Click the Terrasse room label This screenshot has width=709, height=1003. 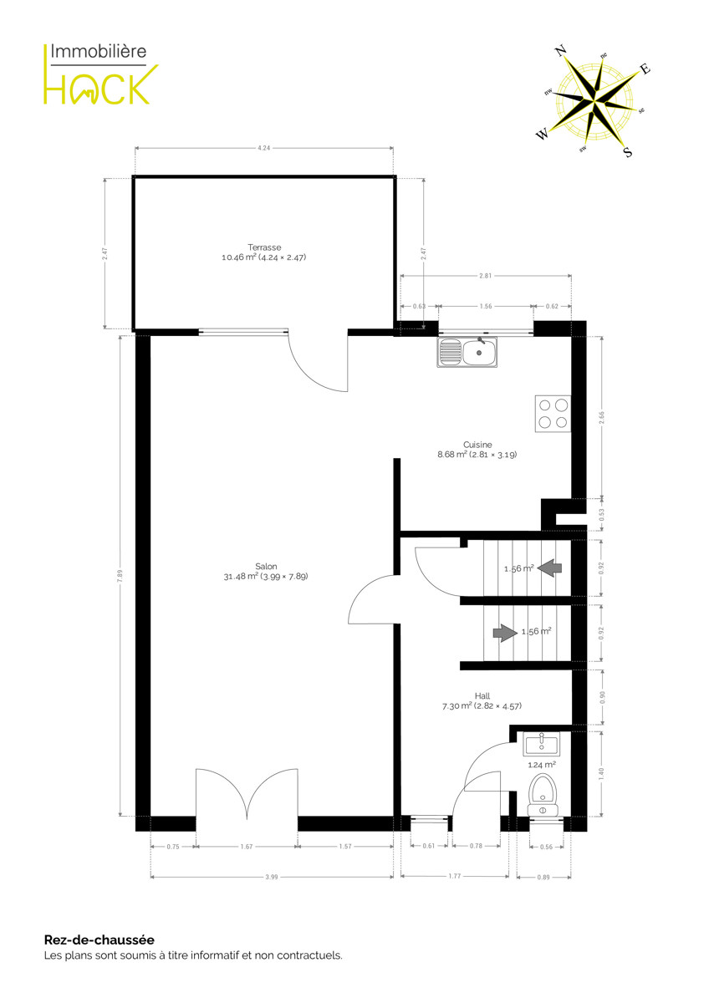(x=264, y=247)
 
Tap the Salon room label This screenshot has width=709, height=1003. (x=266, y=567)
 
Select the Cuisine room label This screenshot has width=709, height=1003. (x=477, y=445)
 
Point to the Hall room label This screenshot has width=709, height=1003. (x=482, y=696)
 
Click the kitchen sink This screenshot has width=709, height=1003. (x=467, y=352)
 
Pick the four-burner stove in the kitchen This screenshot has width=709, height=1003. (x=553, y=414)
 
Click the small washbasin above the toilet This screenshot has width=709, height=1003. (x=542, y=744)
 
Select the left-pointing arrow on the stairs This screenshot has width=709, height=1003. (x=549, y=568)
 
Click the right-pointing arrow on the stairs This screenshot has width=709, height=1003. (x=505, y=633)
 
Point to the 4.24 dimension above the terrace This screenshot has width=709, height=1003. (x=264, y=148)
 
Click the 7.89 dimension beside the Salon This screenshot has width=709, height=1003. (x=120, y=575)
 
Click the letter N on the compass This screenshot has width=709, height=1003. (x=561, y=51)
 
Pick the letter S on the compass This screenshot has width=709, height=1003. (x=628, y=152)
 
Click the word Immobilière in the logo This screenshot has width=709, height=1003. (x=98, y=52)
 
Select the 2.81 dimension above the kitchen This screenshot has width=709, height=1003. (x=486, y=276)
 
